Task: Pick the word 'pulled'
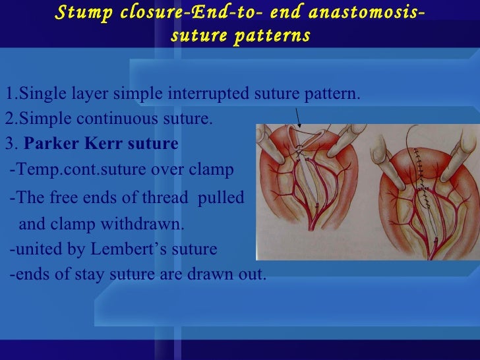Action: pos(220,197)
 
